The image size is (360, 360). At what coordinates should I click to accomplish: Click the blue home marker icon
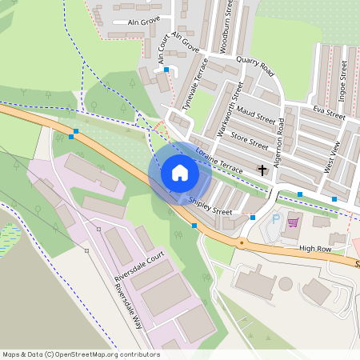click(x=179, y=172)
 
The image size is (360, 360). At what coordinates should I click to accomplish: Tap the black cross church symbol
click(x=263, y=170)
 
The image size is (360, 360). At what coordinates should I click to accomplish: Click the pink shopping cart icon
click(x=293, y=222)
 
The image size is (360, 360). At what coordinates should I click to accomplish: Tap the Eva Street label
click(x=329, y=113)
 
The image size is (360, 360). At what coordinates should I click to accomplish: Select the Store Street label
click(x=250, y=141)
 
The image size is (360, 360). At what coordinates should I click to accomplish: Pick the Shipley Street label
click(x=210, y=206)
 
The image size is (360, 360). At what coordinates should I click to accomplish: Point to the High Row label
click(x=315, y=249)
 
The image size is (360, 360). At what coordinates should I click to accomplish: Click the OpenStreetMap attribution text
click(x=81, y=354)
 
